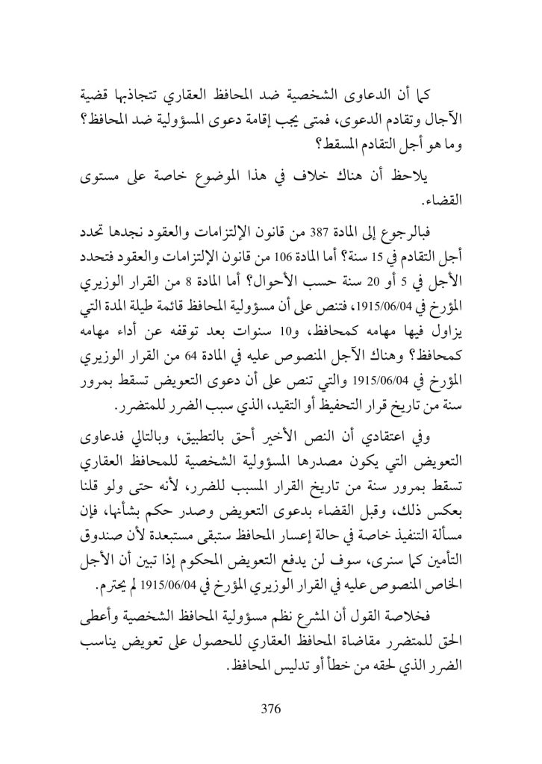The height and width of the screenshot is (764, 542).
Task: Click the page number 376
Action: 270,708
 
